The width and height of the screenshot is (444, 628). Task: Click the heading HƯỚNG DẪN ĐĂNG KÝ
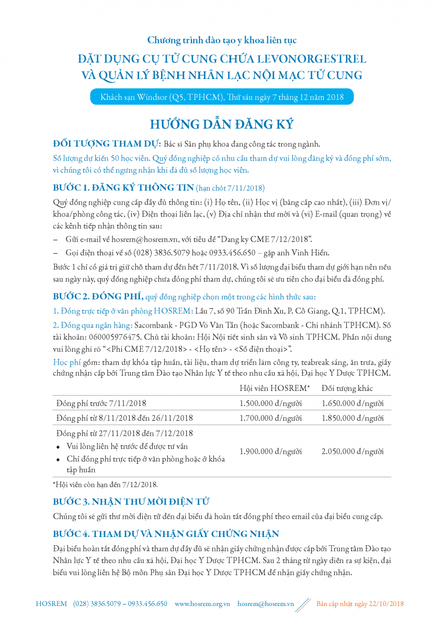tap(222, 125)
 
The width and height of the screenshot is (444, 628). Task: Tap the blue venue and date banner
tap(222, 97)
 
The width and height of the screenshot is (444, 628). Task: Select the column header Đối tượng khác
tap(347, 388)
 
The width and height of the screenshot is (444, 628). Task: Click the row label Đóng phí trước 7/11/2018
tap(101, 403)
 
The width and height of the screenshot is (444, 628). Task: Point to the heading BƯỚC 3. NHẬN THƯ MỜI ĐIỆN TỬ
tap(131, 501)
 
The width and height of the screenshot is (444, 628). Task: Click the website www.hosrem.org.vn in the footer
tap(202, 603)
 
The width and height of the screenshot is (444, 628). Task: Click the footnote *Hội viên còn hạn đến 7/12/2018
tap(105, 484)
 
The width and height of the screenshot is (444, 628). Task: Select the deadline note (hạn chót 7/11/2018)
tap(230, 188)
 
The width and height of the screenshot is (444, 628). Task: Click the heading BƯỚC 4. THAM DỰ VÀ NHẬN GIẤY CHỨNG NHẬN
tap(166, 534)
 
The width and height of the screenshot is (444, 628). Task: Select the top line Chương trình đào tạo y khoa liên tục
tap(222, 40)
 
